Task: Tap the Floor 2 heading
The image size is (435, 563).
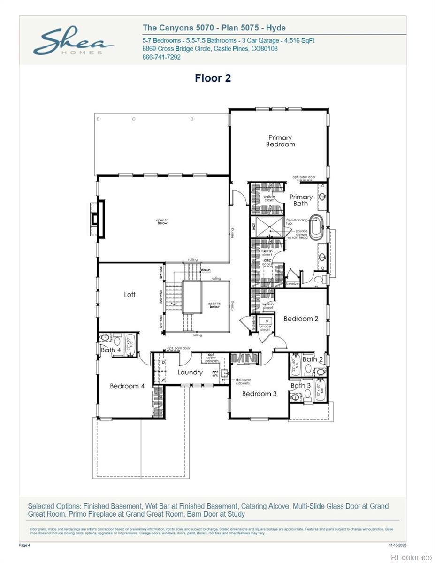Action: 213,78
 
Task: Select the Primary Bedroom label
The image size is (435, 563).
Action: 280,141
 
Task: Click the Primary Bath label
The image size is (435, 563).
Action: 300,200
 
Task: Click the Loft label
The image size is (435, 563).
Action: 130,295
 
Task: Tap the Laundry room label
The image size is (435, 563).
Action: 190,373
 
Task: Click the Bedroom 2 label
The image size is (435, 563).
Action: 301,319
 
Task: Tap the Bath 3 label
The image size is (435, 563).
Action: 300,386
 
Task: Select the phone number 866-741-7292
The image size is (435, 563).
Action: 161,57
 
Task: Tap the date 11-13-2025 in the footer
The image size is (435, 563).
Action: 397,546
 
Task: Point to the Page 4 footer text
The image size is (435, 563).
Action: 24,546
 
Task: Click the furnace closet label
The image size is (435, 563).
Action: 265,328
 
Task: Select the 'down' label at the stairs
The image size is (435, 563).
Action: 206,270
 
